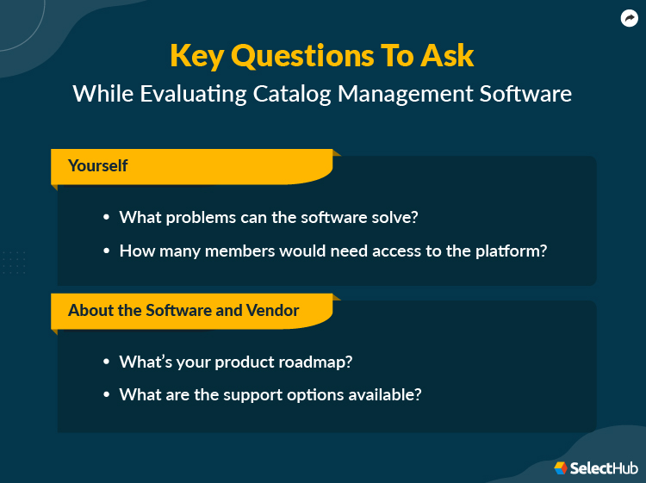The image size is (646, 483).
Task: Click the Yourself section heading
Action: click(x=98, y=165)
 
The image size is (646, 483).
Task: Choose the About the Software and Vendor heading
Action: click(x=183, y=310)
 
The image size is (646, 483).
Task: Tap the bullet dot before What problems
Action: click(x=106, y=218)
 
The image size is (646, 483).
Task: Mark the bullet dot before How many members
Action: click(x=106, y=251)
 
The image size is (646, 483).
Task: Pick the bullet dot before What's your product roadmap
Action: click(x=106, y=362)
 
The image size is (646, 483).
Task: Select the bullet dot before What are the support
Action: click(x=106, y=395)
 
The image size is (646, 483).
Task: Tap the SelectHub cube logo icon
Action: click(x=561, y=468)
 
